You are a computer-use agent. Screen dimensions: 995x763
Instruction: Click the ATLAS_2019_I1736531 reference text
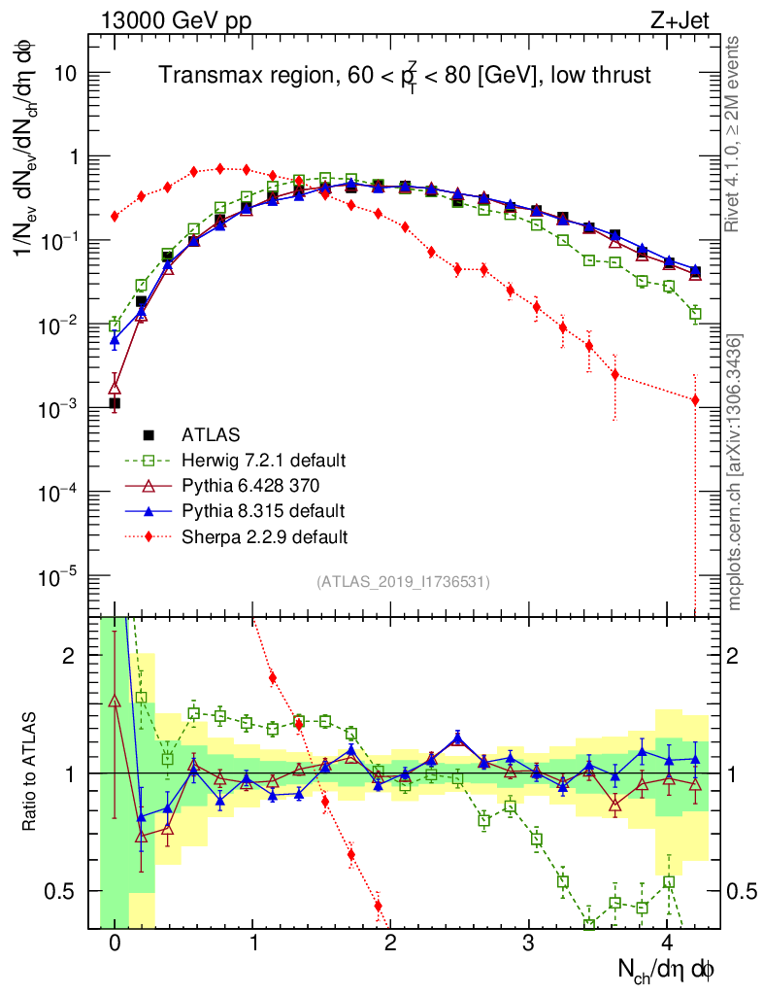[x=403, y=582]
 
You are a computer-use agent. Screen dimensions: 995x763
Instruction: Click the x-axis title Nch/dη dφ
[x=667, y=968]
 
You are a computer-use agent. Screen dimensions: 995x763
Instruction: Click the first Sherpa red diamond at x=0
[x=115, y=216]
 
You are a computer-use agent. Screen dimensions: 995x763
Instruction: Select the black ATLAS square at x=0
[x=115, y=402]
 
